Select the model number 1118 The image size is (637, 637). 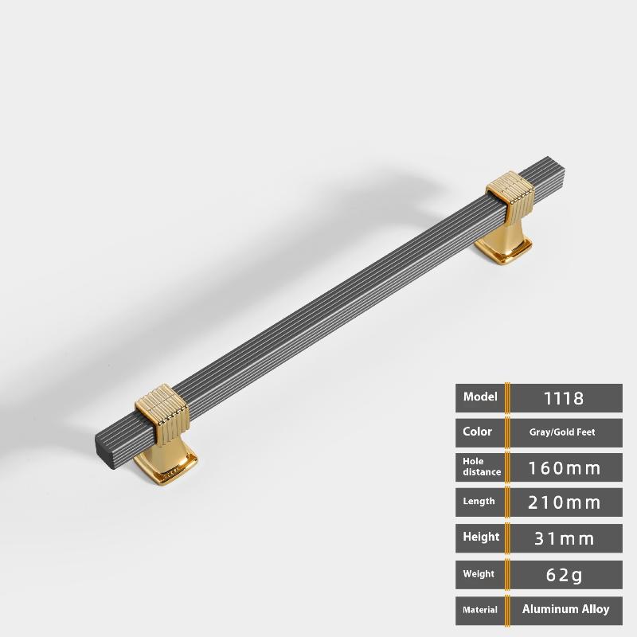tap(564, 398)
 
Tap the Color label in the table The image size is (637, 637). tap(477, 432)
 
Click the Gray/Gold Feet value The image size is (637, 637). tap(562, 432)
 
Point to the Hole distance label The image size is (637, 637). tap(482, 467)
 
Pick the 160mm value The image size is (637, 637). tap(564, 468)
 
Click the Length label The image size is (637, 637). tap(479, 501)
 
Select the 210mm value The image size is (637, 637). tap(564, 502)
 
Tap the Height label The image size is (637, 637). tap(481, 537)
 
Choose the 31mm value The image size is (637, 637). tap(564, 539)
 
